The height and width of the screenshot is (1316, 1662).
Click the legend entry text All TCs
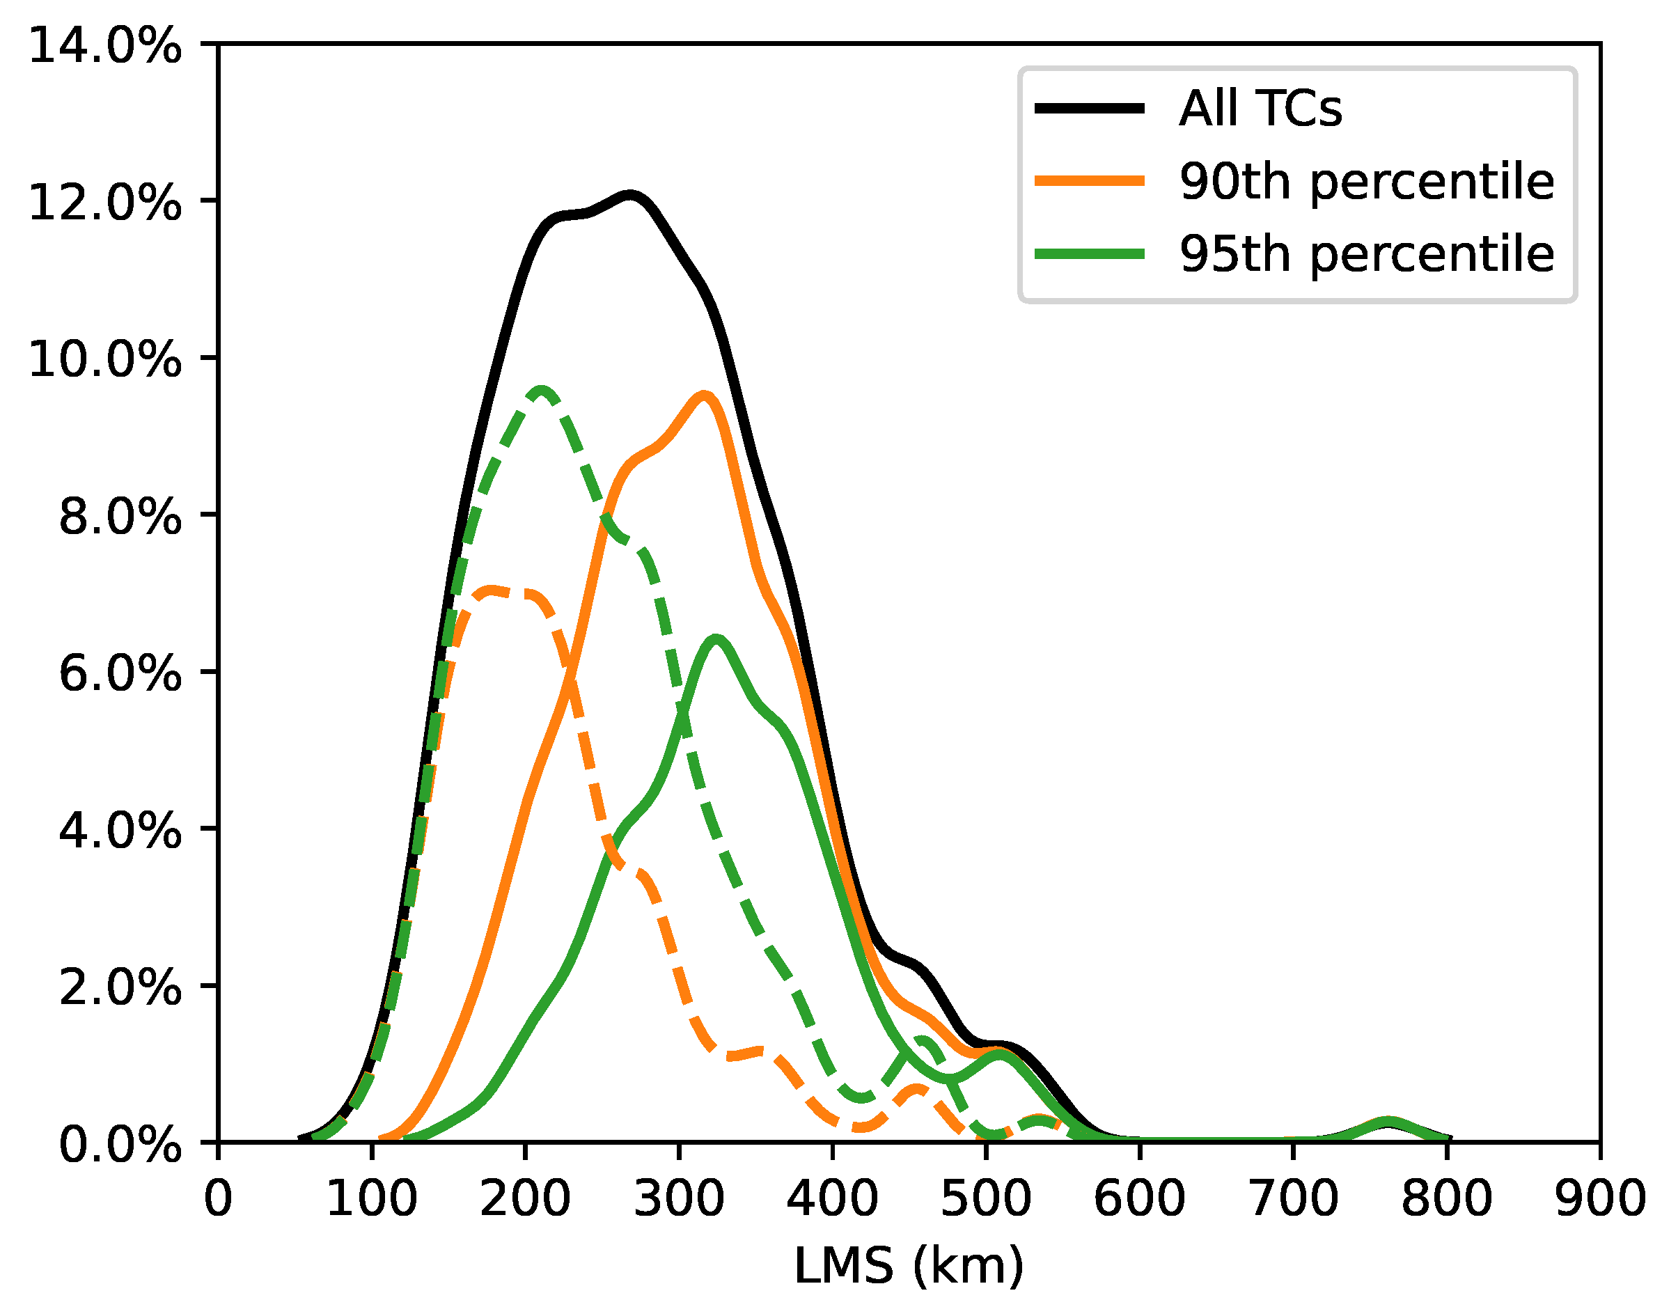[x=1260, y=108]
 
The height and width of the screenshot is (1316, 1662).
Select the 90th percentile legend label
[x=1366, y=182]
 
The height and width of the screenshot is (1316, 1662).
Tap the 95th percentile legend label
[x=1366, y=254]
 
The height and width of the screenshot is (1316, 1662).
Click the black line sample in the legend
[x=1089, y=108]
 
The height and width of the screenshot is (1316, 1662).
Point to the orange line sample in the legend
[x=1089, y=181]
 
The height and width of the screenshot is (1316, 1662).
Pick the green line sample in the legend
[x=1089, y=253]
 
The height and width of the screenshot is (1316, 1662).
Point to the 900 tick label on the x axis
[x=1599, y=1200]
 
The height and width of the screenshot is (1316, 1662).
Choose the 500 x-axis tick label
[x=985, y=1200]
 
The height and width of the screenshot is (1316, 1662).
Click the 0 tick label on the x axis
[x=218, y=1200]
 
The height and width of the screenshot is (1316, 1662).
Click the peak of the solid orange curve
[x=703, y=395]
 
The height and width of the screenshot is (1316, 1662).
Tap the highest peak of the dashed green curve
[x=541, y=391]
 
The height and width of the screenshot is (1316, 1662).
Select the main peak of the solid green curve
[x=716, y=639]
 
